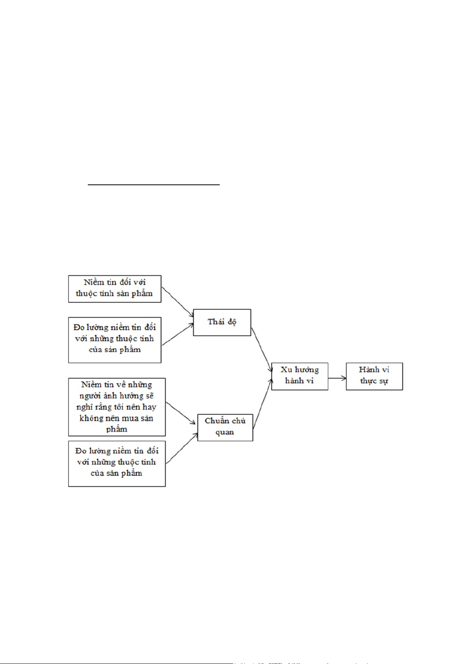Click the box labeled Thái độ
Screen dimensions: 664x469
pos(222,322)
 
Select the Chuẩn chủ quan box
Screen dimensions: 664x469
pos(225,427)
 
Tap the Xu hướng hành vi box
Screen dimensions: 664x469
pos(299,376)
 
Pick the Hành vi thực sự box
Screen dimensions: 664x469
pos(374,376)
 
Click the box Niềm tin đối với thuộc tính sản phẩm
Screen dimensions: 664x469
pos(115,288)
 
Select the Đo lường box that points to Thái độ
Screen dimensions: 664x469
pos(115,340)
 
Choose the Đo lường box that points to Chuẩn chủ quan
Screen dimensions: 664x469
pos(117,464)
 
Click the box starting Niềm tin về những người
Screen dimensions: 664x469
pos(117,407)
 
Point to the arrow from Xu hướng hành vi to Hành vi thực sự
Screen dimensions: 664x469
pos(337,378)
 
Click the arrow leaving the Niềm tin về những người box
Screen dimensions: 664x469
pos(181,413)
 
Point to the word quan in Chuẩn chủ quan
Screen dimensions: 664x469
pos(224,432)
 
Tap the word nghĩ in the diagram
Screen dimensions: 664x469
pos(83,407)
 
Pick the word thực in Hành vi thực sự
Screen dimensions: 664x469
pos(368,381)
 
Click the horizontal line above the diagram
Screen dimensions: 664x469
pos(154,184)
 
